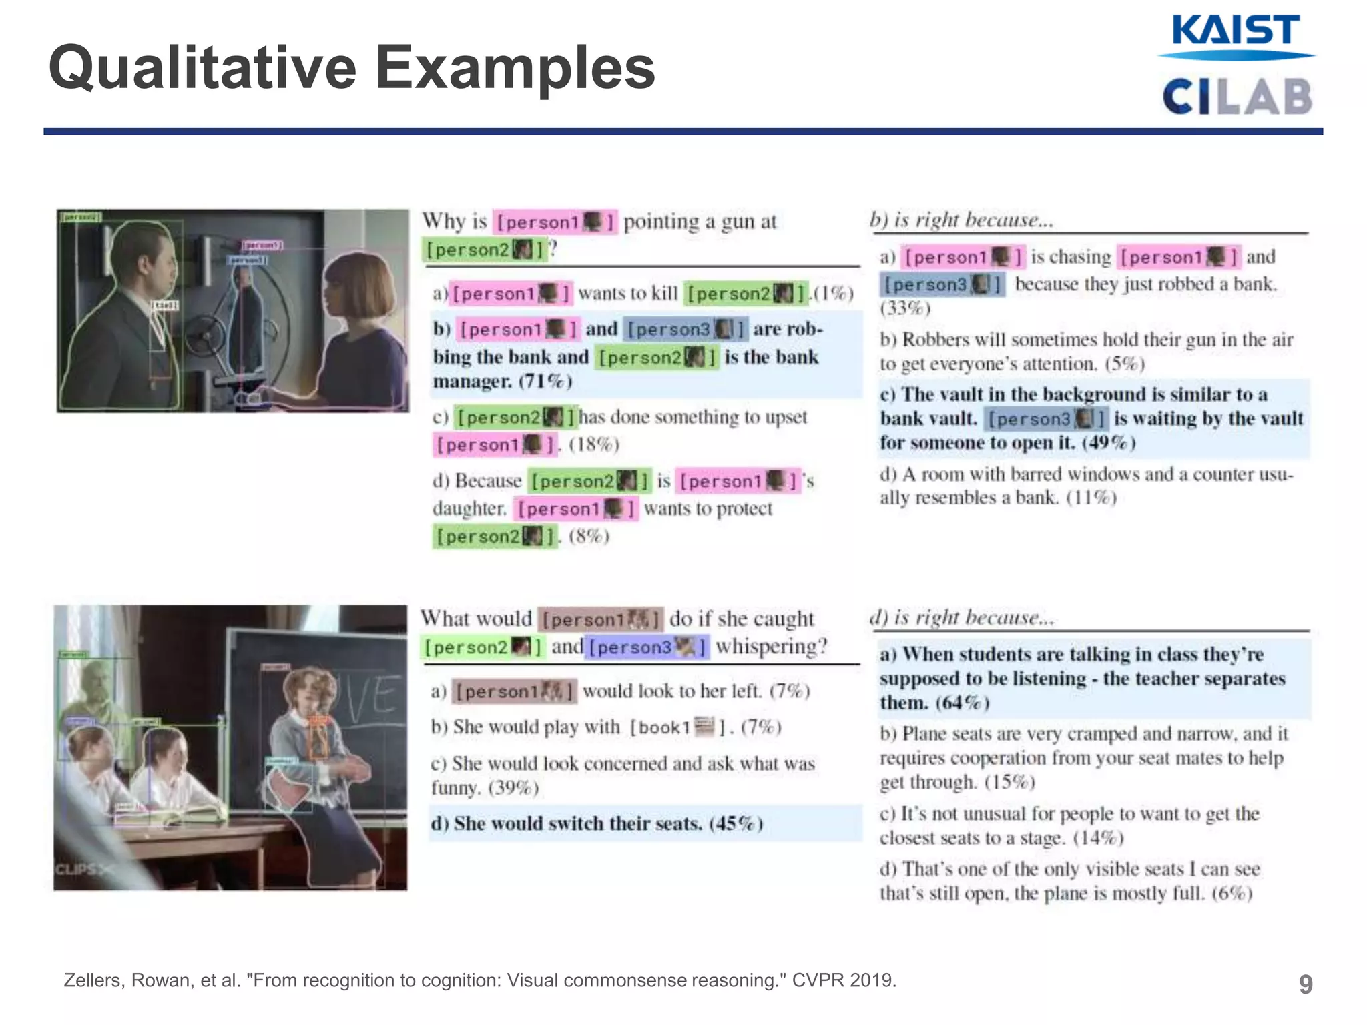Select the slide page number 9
pos(1306,984)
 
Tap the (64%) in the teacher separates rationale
pos(962,703)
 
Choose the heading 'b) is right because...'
pos(961,220)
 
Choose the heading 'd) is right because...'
pos(962,617)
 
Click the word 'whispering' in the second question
pos(771,647)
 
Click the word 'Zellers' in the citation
pos(93,980)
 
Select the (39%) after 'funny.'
pos(513,788)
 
